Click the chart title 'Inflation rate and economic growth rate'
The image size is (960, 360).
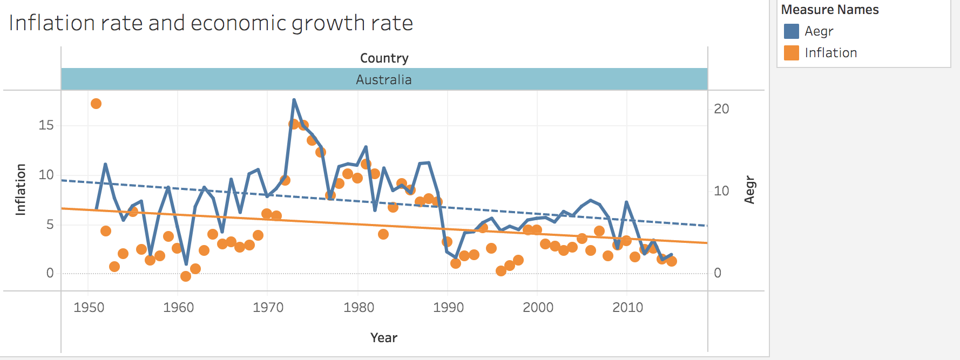(x=211, y=23)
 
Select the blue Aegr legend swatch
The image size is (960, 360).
(x=791, y=31)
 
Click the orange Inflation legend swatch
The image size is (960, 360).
(x=791, y=53)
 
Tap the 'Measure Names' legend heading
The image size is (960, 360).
(x=829, y=10)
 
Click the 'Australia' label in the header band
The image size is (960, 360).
(x=384, y=80)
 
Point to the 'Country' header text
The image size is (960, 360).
(x=384, y=58)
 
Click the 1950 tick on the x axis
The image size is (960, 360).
(x=89, y=308)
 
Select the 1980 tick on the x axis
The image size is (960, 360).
(x=359, y=308)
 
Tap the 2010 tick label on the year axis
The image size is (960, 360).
(x=627, y=308)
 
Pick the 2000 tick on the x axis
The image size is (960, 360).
(x=538, y=308)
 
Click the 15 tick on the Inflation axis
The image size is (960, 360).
(x=46, y=125)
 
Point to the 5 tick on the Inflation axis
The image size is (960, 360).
(x=50, y=224)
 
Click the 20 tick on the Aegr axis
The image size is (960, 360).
(x=721, y=109)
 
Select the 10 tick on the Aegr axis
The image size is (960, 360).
(x=721, y=191)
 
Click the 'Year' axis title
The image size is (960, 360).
(x=384, y=338)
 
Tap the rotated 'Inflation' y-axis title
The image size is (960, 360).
(x=21, y=190)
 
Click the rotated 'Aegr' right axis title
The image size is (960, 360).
(x=750, y=190)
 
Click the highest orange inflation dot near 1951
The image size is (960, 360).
(x=96, y=104)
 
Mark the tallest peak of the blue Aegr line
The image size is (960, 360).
(x=294, y=100)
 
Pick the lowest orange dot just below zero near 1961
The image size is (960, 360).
(x=186, y=276)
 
